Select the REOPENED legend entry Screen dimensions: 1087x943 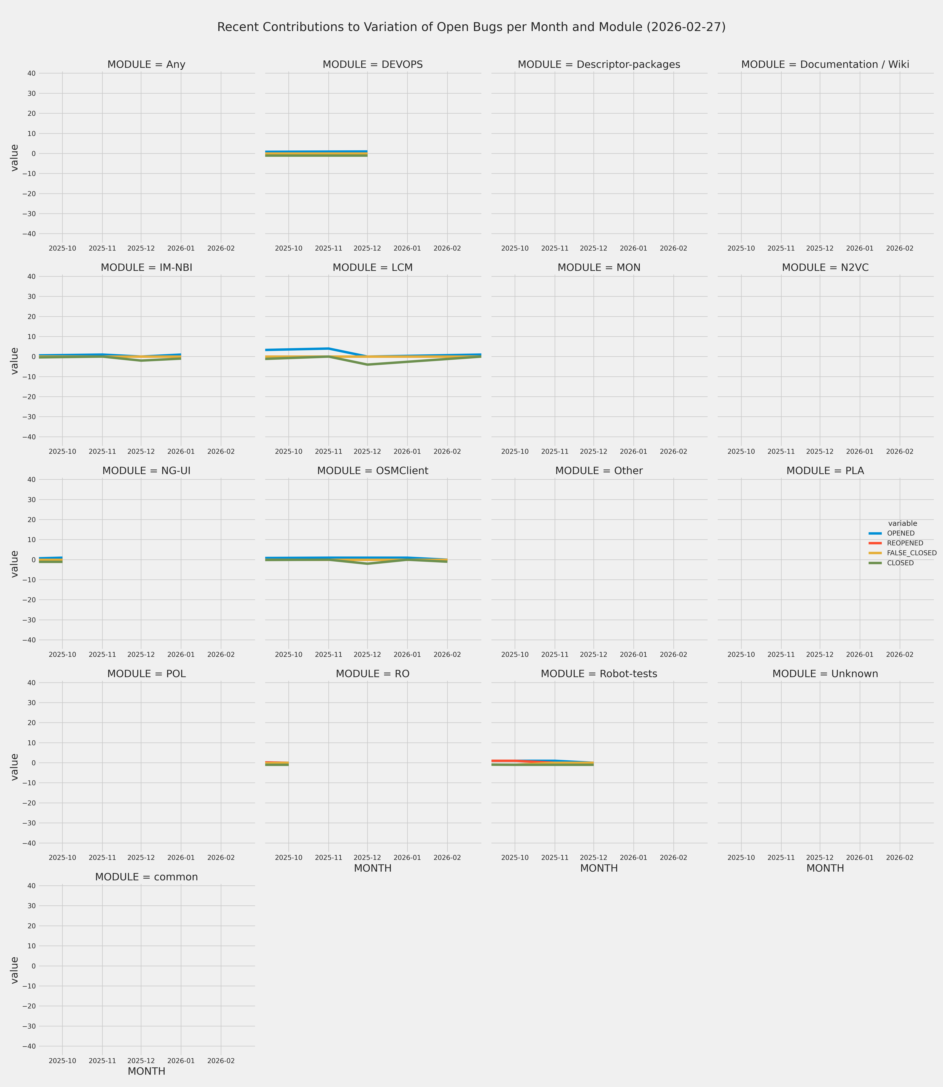[x=905, y=543]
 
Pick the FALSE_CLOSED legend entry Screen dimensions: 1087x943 [x=911, y=553]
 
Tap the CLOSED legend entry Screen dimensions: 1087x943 [x=900, y=563]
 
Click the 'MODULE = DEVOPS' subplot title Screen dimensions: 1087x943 [x=373, y=65]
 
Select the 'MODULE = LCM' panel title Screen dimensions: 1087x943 [x=373, y=268]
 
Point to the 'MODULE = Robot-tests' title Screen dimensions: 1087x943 [x=599, y=674]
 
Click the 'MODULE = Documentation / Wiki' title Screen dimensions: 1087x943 [x=825, y=65]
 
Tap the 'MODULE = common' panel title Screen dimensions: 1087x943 [x=146, y=877]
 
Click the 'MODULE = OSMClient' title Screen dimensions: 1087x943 [x=373, y=471]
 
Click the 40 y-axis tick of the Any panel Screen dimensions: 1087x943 [x=31, y=73]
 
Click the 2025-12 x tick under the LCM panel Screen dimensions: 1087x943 [x=367, y=452]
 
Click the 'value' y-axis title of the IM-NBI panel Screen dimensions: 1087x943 [x=15, y=361]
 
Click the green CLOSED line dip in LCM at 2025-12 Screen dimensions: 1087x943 [x=367, y=365]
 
